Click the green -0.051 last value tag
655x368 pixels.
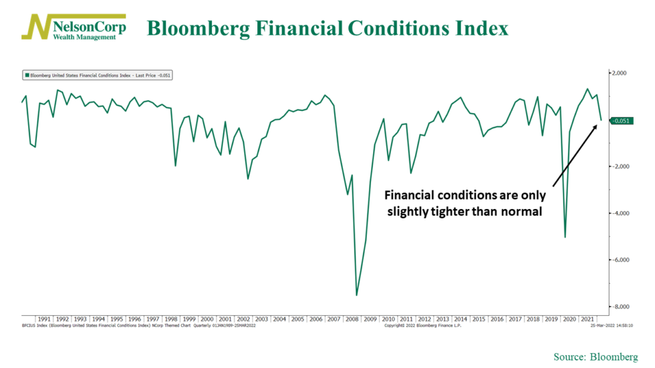click(619, 120)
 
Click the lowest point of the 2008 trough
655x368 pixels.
click(356, 295)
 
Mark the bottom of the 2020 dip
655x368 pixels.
click(565, 236)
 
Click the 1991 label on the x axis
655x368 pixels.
click(44, 319)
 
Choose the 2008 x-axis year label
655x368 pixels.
click(352, 319)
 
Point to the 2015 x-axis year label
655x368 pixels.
click(478, 319)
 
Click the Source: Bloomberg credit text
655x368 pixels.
click(596, 357)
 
